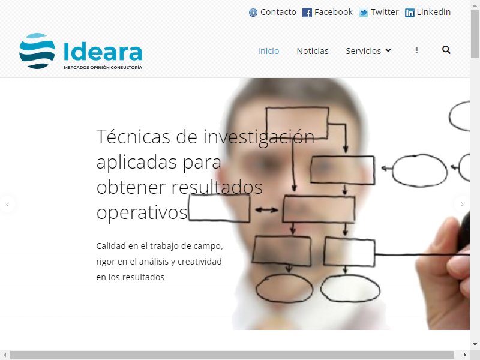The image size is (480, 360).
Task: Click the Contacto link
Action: (278, 12)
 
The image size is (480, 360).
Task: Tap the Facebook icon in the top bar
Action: (307, 13)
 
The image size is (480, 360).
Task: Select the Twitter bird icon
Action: (364, 13)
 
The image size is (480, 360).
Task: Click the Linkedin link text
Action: (433, 12)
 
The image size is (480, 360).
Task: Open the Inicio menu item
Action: (268, 51)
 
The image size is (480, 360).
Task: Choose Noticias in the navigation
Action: (313, 51)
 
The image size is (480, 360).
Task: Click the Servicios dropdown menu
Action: (368, 51)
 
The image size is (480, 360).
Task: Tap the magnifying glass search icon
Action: (446, 50)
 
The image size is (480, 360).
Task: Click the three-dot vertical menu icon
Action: (416, 50)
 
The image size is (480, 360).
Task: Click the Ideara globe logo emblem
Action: (37, 51)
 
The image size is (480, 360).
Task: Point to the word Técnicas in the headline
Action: (133, 137)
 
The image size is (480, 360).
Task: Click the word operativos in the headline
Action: (142, 213)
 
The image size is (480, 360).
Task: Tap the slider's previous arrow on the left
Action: (7, 204)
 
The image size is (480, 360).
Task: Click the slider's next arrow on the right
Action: (462, 204)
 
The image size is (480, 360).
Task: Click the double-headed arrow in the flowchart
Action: (266, 210)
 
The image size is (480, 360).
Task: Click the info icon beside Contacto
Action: (253, 13)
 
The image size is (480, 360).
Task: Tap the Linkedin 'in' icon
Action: (410, 13)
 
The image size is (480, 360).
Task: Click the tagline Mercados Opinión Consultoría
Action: (103, 67)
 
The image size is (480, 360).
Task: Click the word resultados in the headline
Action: (217, 187)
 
